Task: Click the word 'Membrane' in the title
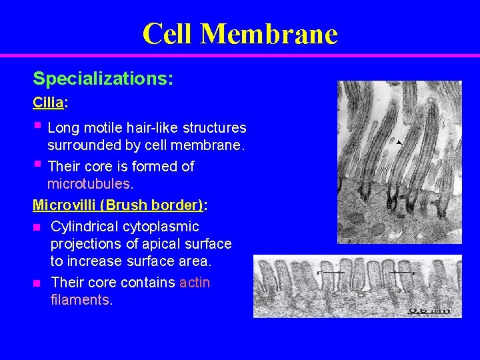click(269, 33)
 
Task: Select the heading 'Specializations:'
click(103, 79)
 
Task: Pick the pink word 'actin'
click(195, 283)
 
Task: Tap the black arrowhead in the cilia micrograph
click(398, 142)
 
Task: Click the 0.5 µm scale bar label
click(429, 311)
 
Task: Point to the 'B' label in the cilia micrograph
click(390, 210)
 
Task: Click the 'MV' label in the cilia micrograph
click(385, 169)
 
